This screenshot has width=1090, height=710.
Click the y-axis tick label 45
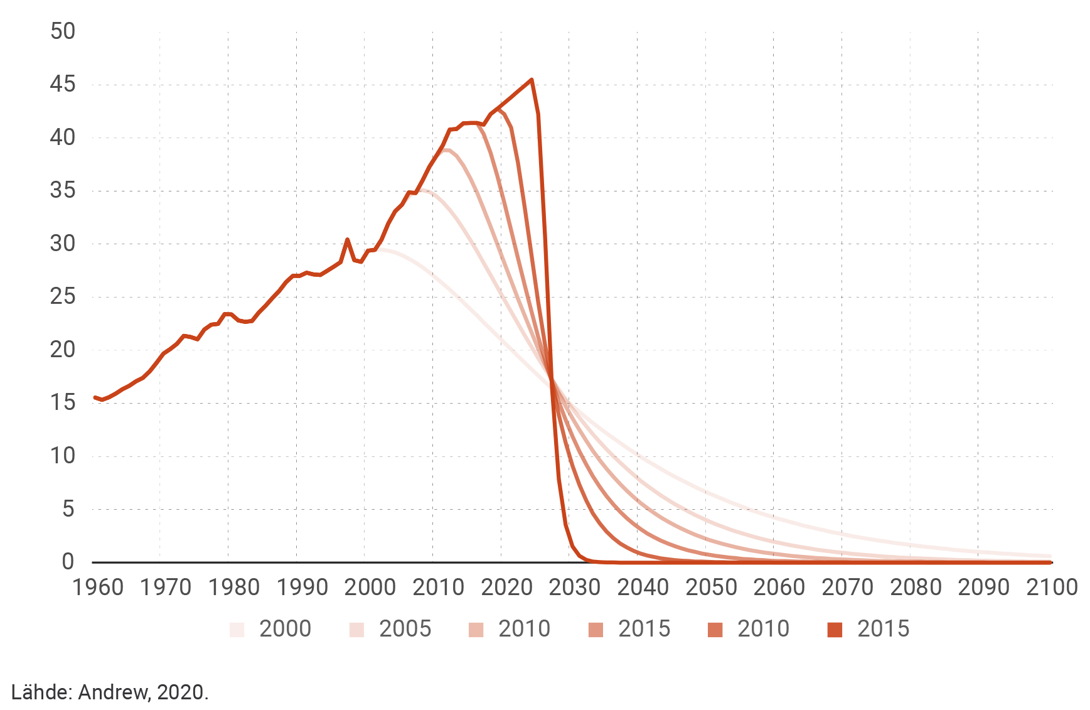pos(62,84)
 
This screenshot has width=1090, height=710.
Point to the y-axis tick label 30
pos(62,244)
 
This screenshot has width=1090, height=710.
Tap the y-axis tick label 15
pos(62,402)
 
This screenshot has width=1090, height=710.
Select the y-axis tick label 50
pos(62,31)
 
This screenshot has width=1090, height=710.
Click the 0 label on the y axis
pos(68,561)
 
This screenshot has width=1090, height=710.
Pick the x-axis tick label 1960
pos(98,588)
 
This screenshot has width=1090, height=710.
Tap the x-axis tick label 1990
pos(302,588)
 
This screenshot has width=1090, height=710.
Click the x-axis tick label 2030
pos(575,588)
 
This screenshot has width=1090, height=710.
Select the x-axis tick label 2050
pos(711,588)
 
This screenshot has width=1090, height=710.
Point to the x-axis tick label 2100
pos(1052,588)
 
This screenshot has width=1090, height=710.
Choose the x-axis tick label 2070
pos(847,588)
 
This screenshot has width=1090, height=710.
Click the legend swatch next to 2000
pos(237,630)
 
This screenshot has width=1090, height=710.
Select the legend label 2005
pos(405,629)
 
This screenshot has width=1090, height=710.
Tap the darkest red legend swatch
pos(835,630)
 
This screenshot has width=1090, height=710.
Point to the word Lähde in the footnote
pos(41,692)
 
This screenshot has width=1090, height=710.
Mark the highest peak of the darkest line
pos(532,80)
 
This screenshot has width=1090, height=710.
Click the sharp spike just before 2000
pos(347,239)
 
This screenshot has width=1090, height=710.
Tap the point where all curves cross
pos(552,379)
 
